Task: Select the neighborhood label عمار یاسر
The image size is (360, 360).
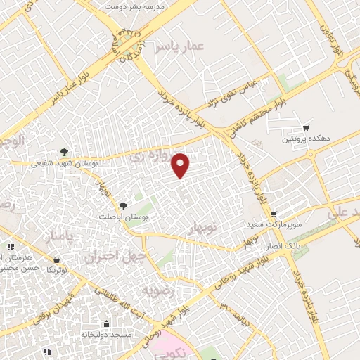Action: pyautogui.click(x=185, y=46)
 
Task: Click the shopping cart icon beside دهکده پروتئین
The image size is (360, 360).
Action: pyautogui.click(x=307, y=127)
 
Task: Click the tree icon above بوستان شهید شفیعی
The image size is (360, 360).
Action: pyautogui.click(x=64, y=150)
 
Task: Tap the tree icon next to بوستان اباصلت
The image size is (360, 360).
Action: pyautogui.click(x=124, y=205)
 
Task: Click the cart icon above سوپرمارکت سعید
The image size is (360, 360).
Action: pyautogui.click(x=274, y=214)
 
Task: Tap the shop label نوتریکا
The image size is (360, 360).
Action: pyautogui.click(x=57, y=270)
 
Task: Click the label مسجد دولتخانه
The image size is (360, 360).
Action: pyautogui.click(x=106, y=335)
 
